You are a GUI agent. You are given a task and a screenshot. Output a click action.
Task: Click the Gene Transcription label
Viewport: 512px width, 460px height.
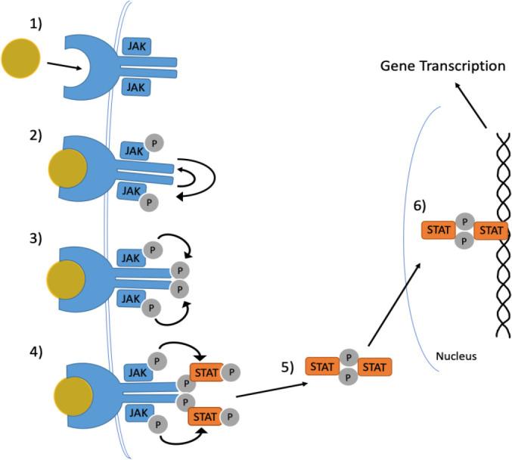point(442,67)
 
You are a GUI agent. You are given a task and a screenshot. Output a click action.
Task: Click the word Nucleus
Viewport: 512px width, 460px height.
point(456,356)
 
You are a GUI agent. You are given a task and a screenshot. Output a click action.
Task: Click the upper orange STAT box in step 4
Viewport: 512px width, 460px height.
point(206,372)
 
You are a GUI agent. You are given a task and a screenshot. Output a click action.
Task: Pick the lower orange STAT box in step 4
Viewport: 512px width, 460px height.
point(206,415)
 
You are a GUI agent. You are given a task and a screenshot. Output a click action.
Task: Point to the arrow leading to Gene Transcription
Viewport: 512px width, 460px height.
point(472,106)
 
